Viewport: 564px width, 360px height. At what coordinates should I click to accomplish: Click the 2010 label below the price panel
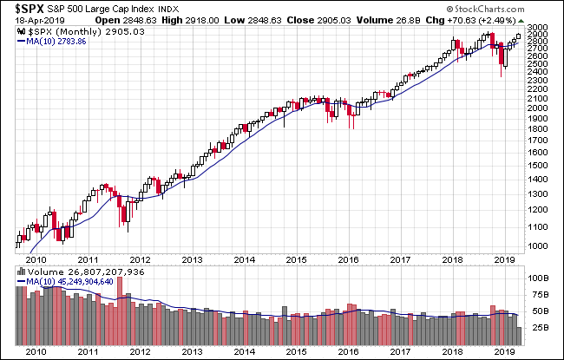point(35,259)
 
